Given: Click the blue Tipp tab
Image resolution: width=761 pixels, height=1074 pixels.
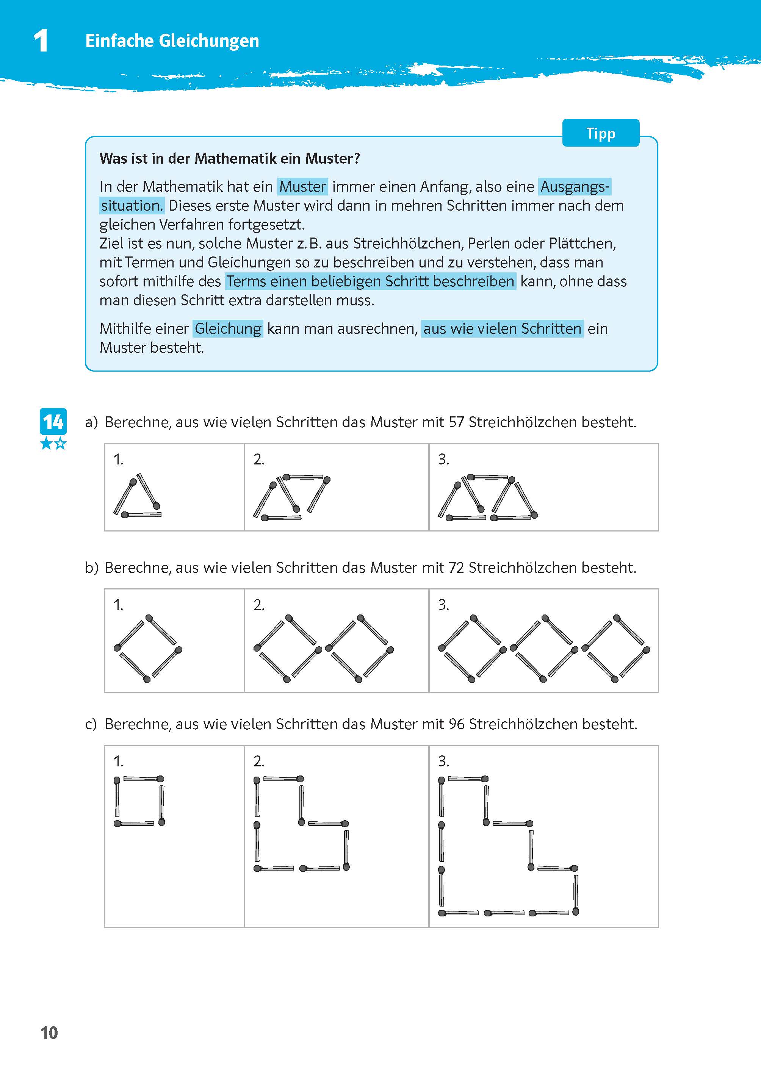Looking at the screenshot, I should pos(600,133).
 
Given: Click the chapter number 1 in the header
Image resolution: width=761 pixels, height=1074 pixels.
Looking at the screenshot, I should pos(41,41).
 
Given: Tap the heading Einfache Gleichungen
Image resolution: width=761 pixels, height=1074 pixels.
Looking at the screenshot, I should pos(172,41).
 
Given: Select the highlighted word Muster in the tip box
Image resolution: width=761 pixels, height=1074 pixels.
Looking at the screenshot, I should pos(302,186).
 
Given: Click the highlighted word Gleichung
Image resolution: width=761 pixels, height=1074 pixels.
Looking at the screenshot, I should pos(228,328).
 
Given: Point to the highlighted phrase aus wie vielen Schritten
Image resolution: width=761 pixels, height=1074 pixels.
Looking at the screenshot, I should pos(502,328).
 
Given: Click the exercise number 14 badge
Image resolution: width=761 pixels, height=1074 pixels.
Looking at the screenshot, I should pos(53,422).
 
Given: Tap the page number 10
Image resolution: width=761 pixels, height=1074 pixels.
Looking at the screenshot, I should pos(49,1033).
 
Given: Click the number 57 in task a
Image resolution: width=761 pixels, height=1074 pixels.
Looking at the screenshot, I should pos(456,422).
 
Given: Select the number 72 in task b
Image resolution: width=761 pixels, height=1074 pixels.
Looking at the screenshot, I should pos(456,567).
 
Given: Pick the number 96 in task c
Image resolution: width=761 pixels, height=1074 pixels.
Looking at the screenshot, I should pos(456,724).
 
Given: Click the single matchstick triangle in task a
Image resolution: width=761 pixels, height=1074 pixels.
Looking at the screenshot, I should pos(137,497).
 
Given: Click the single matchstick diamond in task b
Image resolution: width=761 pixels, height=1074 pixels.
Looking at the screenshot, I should pos(147,648).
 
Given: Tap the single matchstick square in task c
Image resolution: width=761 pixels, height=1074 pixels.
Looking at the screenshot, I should pos(139,801).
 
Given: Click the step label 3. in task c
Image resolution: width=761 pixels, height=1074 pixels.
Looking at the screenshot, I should pos(443,761).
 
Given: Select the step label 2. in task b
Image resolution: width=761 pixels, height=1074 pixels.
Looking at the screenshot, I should pos(259,605).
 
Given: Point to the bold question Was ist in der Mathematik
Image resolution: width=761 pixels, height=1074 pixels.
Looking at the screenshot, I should pos(230,158).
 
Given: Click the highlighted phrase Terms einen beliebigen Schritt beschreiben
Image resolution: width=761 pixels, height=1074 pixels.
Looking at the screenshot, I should pos(370,281).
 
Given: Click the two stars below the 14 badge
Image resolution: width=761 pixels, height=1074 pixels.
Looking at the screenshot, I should pos(53,443).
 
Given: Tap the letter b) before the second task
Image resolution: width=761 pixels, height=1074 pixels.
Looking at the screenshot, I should pos(91,567).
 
